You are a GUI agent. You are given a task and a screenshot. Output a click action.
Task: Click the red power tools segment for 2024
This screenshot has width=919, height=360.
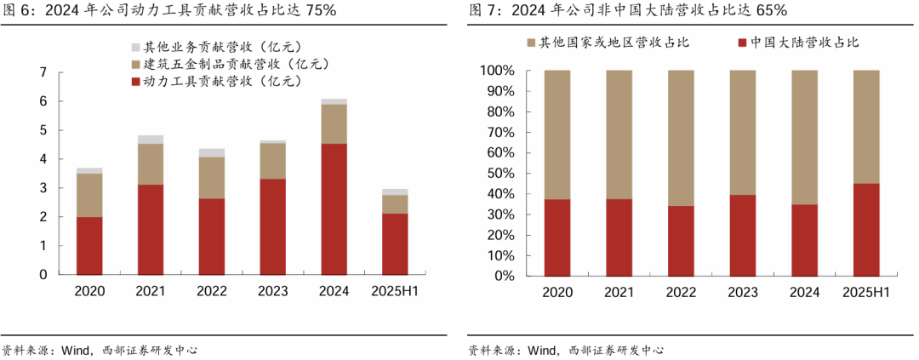coord(334,209)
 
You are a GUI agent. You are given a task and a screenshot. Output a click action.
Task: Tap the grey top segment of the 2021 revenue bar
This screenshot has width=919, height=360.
coord(151,140)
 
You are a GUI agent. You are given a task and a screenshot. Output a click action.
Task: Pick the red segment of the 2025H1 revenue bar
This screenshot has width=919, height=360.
coord(395,243)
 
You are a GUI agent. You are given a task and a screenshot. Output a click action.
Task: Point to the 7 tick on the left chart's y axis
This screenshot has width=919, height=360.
coord(43,72)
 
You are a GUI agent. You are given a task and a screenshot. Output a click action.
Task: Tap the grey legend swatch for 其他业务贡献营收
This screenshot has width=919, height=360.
coord(136,48)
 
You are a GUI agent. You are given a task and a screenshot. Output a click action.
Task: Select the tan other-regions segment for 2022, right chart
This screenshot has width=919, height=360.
coord(681,138)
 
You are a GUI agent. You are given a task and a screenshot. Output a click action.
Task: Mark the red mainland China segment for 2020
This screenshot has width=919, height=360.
coord(557,237)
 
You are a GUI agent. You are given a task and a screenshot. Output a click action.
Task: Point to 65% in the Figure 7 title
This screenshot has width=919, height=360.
coord(769,10)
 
